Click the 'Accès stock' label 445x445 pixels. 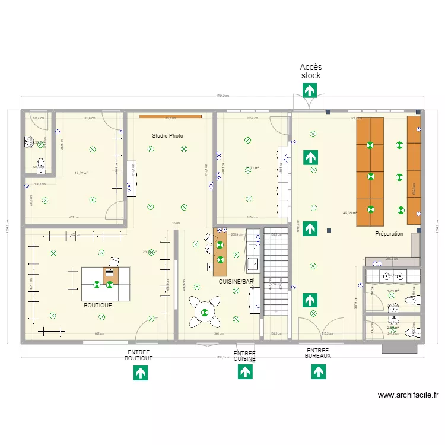pyautogui.click(x=310, y=71)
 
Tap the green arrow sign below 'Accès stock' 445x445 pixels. pyautogui.click(x=310, y=90)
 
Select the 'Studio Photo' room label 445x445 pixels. pyautogui.click(x=167, y=136)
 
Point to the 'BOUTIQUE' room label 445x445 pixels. pyautogui.click(x=97, y=305)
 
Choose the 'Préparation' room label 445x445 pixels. pyautogui.click(x=389, y=234)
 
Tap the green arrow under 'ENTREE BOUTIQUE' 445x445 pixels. pyautogui.click(x=140, y=373)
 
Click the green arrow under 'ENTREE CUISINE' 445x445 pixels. pyautogui.click(x=244, y=372)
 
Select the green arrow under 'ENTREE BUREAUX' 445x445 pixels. pyautogui.click(x=318, y=372)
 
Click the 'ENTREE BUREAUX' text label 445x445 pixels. pyautogui.click(x=318, y=353)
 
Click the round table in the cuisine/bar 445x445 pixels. pyautogui.click(x=205, y=312)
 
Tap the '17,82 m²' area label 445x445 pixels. pyautogui.click(x=81, y=174)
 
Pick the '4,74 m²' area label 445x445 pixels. pyautogui.click(x=393, y=291)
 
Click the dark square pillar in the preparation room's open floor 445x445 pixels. pyautogui.click(x=328, y=230)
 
